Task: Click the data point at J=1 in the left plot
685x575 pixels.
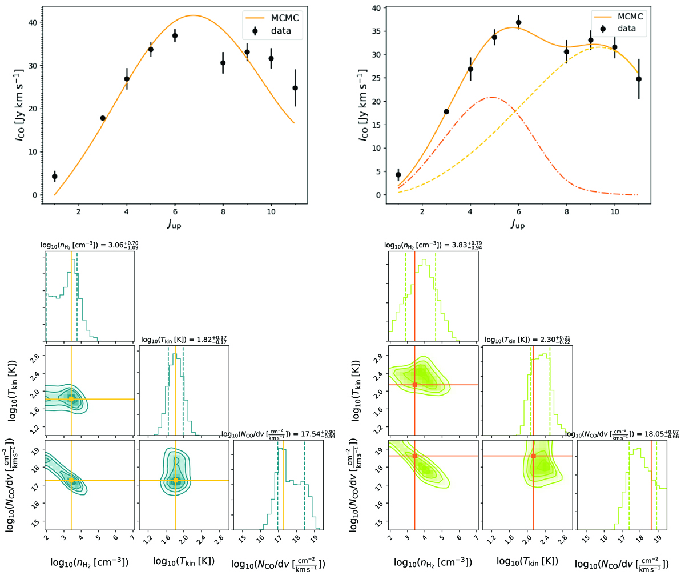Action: (55, 177)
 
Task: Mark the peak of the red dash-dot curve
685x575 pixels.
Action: (491, 97)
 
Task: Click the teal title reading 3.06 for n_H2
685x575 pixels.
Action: (89, 245)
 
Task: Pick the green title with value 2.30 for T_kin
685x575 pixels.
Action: (527, 340)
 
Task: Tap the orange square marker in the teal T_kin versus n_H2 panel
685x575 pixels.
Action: (71, 399)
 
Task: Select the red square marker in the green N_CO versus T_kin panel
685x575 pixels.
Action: (533, 456)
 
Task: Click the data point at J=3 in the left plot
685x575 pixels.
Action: (103, 118)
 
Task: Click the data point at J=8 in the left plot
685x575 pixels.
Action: (223, 63)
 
